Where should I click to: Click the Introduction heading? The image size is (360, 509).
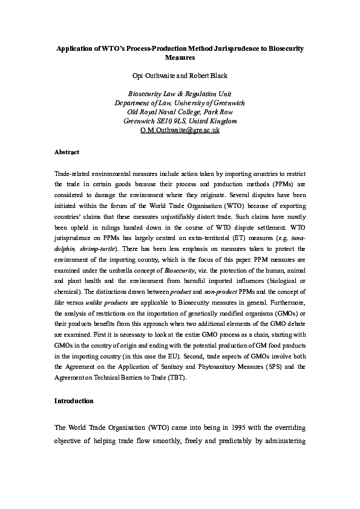(74, 401)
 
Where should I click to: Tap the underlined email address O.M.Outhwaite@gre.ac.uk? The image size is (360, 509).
(180, 130)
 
